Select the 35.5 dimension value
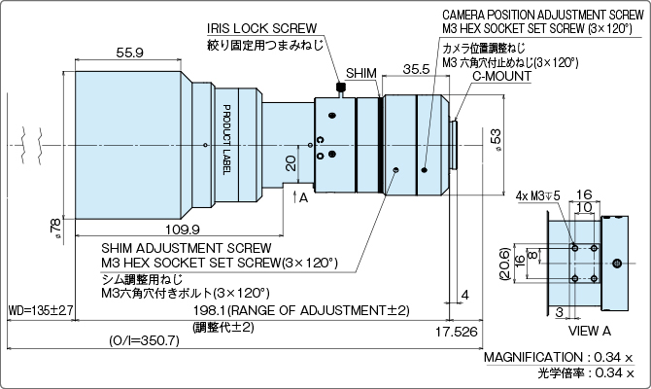(415, 69)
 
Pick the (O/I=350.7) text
(145, 341)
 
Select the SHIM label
(360, 74)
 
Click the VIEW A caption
(590, 331)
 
